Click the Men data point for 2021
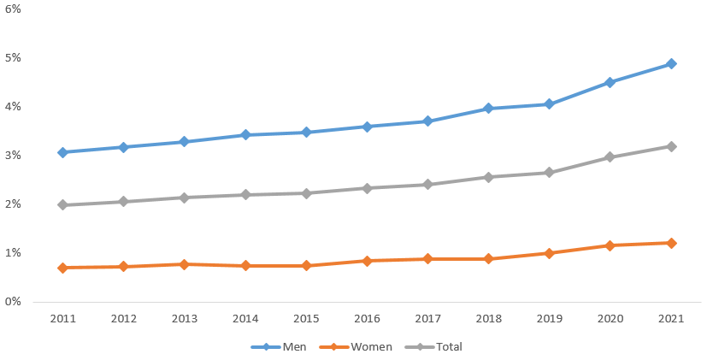click(671, 64)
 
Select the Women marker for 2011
click(62, 268)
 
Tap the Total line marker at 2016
click(367, 188)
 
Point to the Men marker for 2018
click(488, 109)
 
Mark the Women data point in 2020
click(610, 245)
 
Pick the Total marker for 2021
click(671, 146)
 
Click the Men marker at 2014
click(245, 134)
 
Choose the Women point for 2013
click(184, 264)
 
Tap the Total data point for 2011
click(62, 205)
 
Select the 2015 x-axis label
click(306, 319)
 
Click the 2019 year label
click(549, 319)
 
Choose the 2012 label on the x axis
click(123, 319)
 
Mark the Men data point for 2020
click(610, 82)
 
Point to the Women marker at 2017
click(427, 258)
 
